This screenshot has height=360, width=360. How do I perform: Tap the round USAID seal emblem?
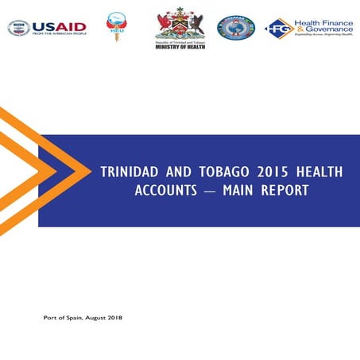pyautogui.click(x=18, y=29)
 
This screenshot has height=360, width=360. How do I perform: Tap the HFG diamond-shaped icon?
pyautogui.click(x=280, y=29)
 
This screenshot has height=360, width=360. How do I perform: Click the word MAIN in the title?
pyautogui.click(x=242, y=191)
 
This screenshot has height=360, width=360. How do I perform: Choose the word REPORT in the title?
pyautogui.click(x=284, y=191)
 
